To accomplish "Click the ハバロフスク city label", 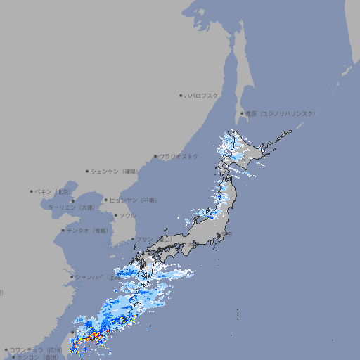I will (201, 95).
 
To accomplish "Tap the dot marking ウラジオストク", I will (155, 156).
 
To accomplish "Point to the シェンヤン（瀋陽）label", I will (113, 171).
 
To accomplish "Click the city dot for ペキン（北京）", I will (32, 191).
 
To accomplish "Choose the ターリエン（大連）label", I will (71, 207).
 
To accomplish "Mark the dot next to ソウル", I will (115, 216).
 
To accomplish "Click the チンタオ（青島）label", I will (87, 230).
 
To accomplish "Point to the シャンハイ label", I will (94, 276).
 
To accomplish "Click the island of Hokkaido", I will (250, 148).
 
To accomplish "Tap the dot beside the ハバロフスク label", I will (181, 95).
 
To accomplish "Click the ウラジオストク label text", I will (179, 156).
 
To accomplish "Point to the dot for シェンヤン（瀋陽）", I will (87, 171).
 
